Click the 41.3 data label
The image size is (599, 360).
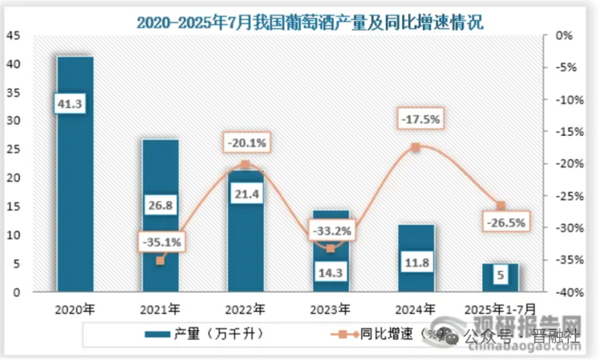pos(74,103)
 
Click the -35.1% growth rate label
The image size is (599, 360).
pos(160,242)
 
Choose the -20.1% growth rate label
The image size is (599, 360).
pos(246,142)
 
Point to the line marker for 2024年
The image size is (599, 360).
pos(416,147)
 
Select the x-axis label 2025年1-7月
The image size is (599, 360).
pos(501,309)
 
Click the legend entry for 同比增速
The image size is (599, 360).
pos(389,334)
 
